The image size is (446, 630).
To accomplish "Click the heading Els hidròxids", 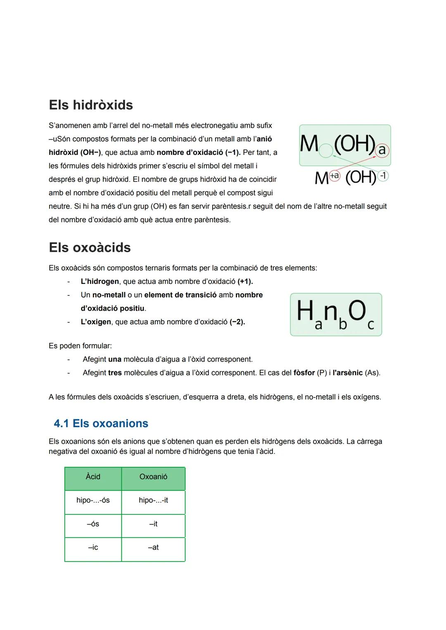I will [91, 105].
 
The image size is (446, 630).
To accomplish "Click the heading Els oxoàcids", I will [90, 247].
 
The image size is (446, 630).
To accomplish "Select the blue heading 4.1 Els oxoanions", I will [101, 423].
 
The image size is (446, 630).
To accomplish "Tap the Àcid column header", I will [93, 477].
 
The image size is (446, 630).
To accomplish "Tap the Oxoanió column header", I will [153, 477].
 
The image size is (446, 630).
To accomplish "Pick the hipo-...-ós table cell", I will [93, 500].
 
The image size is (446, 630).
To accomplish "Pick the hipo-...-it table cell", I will [153, 500].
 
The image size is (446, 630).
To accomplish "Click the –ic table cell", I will [93, 547].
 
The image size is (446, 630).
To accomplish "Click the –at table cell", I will [153, 547].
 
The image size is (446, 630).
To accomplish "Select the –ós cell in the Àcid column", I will [93, 524].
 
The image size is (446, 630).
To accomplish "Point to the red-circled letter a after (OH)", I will [382, 150].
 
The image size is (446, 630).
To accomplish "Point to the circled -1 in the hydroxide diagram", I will [383, 176].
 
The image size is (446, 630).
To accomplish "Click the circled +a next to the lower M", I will [334, 176].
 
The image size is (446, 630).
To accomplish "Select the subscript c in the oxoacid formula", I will [370, 325].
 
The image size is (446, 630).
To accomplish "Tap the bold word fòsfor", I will [304, 373].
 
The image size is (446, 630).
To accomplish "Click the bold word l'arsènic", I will [347, 373].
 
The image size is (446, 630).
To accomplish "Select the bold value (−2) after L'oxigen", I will [237, 322].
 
